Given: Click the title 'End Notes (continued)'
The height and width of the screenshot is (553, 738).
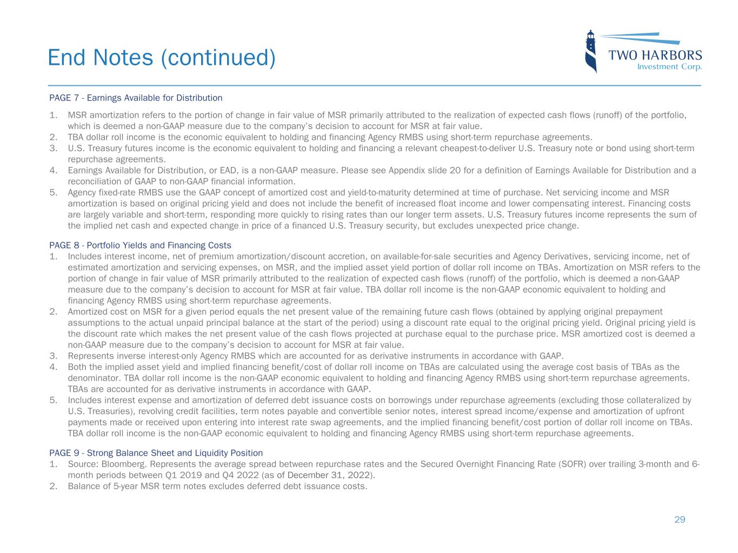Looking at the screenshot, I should point(161,57).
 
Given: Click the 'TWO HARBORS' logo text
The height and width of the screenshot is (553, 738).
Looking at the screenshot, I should point(655,55).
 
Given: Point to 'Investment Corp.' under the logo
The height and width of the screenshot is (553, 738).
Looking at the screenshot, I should point(669,67).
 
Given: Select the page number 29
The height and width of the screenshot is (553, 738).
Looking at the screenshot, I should point(680,520).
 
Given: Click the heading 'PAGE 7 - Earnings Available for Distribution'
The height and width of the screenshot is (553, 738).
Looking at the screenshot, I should point(136,98).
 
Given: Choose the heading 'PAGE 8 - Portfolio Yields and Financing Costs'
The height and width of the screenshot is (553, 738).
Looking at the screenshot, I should point(140,245).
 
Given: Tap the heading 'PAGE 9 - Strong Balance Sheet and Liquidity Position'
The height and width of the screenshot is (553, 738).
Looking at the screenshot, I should point(156,453).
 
